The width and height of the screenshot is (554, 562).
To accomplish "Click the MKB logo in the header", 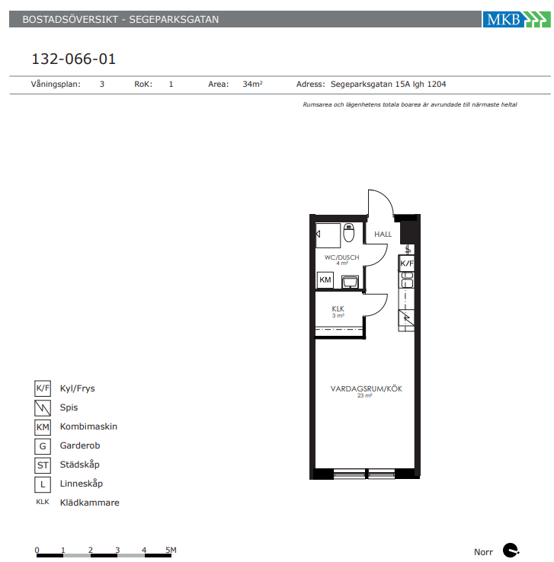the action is [x=517, y=19].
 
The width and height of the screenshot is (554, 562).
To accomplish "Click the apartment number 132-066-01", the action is [x=74, y=59].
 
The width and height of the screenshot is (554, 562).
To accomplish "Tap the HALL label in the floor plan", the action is [x=383, y=235].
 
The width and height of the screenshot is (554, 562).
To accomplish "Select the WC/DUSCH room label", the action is [x=341, y=257].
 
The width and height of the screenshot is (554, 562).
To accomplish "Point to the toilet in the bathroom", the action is [x=348, y=232].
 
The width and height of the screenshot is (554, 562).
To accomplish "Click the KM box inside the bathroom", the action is [x=325, y=280].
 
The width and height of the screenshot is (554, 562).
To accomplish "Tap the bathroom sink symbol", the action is [x=350, y=281].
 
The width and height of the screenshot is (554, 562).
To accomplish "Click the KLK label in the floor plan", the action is [x=338, y=308].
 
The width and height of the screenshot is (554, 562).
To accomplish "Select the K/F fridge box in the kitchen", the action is [x=407, y=263].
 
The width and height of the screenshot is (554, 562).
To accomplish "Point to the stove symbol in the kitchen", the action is [x=407, y=318].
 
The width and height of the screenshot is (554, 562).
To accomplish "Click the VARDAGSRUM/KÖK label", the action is [x=366, y=389].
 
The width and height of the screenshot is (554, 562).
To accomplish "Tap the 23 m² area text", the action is [x=365, y=396].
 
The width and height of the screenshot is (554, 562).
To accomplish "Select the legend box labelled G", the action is [x=43, y=446].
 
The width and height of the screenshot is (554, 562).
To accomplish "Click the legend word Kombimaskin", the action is [x=88, y=426].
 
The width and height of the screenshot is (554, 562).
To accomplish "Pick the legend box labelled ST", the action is [x=43, y=465].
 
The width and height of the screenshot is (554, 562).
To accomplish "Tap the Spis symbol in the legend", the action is [x=43, y=408].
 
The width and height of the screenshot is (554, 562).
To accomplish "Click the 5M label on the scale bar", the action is [x=171, y=550].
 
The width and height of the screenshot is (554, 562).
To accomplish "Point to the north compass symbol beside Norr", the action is [x=511, y=551].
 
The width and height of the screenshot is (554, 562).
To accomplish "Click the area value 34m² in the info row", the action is [x=253, y=85].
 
